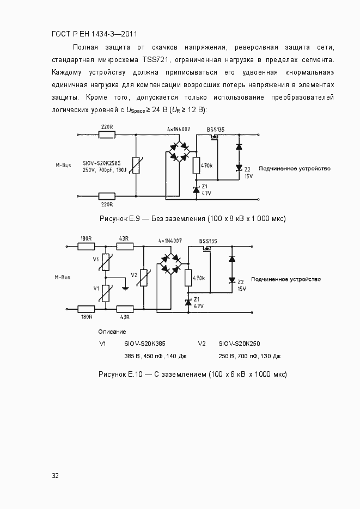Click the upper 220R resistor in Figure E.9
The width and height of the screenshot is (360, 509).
point(107,134)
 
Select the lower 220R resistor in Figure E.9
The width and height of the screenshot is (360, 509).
point(107,196)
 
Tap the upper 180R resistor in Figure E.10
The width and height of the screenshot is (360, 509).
point(86,246)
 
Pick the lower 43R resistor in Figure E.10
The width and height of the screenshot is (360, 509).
point(125,309)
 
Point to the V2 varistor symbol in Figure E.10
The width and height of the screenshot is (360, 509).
point(143,278)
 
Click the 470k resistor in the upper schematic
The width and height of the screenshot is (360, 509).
point(196,165)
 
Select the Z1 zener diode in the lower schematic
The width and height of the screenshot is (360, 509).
point(188,302)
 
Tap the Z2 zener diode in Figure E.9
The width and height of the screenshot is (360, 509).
point(239,168)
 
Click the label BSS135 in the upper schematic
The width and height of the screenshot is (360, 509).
point(216,130)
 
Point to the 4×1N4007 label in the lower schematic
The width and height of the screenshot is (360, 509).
point(170,240)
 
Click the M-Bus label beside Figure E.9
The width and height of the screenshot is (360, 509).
point(63,164)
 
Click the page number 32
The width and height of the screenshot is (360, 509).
point(55,475)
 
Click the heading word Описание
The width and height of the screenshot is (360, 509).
point(112,332)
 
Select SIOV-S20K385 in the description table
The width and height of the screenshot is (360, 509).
point(144,344)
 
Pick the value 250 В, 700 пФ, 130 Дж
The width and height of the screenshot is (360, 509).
point(249,356)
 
